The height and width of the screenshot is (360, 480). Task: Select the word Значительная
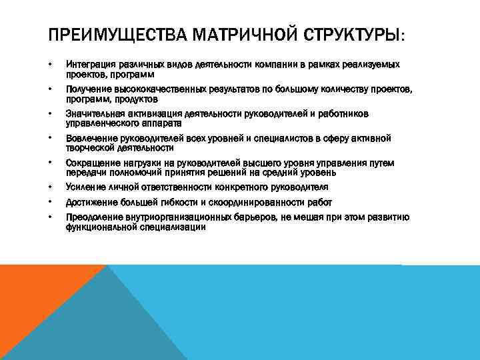coord(94,114)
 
